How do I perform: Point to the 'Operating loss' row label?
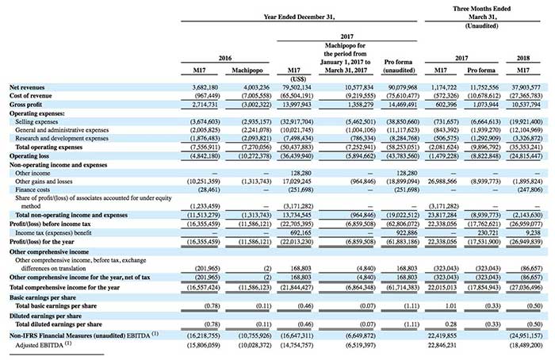click(24, 158)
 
